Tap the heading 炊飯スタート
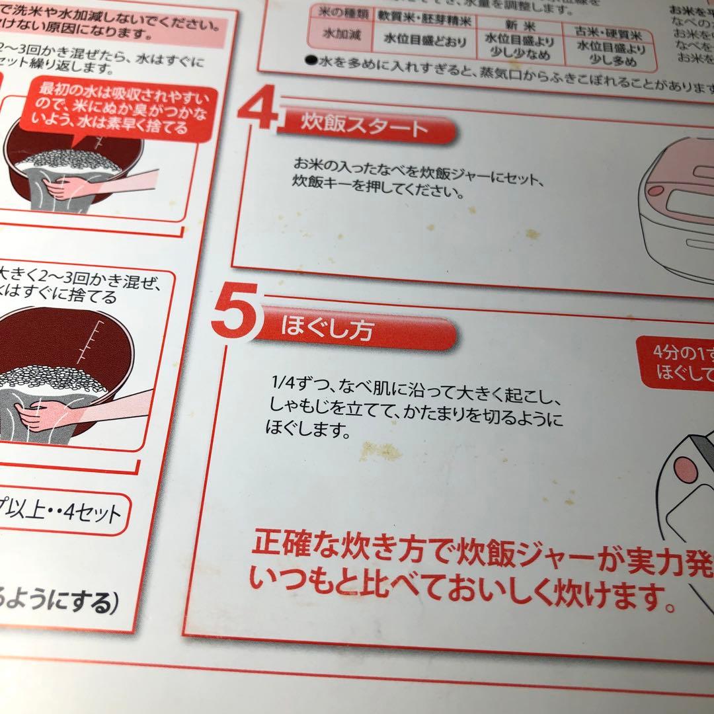(x=364, y=126)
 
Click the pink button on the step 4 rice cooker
(x=654, y=190)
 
